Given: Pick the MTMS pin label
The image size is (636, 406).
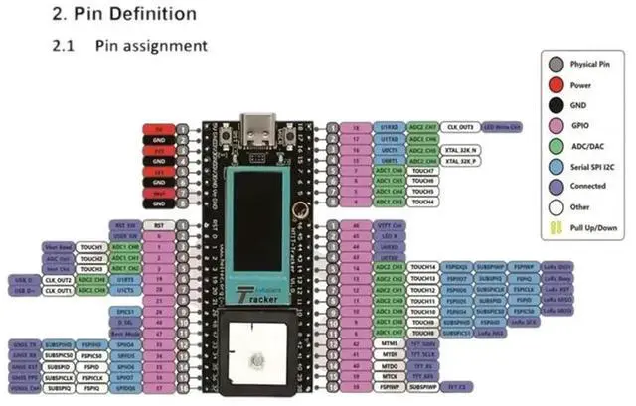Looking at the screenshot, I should click(388, 343).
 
